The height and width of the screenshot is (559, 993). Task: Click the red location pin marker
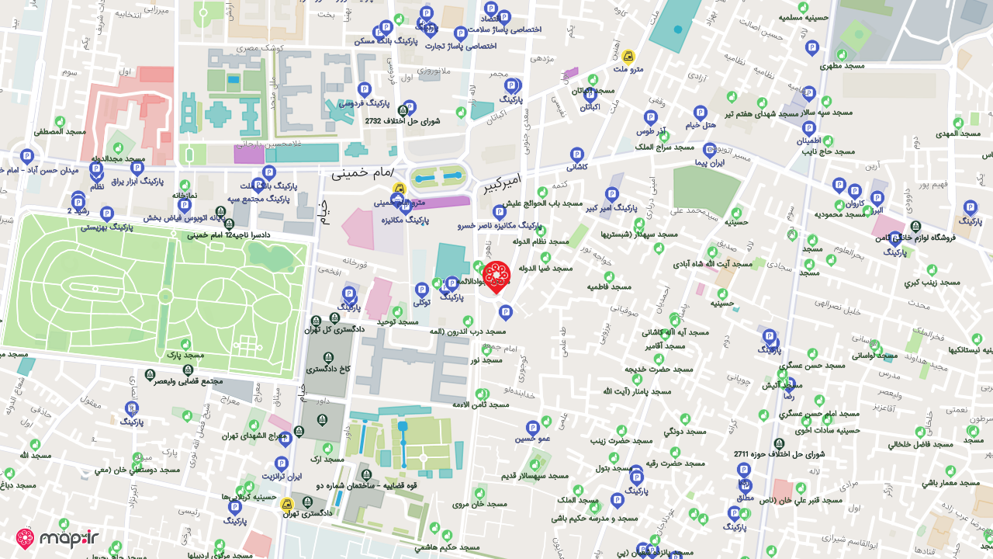(496, 276)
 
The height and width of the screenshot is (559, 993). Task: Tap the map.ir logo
(57, 538)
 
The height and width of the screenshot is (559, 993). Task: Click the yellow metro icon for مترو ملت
(628, 56)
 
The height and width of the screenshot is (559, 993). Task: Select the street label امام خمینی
(362, 172)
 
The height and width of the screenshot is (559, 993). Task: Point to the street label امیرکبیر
(503, 183)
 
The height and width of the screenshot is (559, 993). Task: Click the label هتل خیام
(701, 125)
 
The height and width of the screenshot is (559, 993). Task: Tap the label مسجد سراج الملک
(665, 146)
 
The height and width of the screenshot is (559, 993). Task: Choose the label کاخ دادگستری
(328, 370)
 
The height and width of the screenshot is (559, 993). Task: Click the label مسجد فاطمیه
(610, 286)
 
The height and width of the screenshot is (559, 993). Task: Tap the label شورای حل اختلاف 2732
(403, 121)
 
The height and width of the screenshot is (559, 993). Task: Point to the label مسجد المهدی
(959, 133)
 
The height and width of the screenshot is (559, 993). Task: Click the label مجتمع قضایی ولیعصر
(189, 381)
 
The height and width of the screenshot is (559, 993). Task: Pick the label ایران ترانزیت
(281, 476)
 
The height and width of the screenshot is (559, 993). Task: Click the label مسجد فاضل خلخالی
(921, 444)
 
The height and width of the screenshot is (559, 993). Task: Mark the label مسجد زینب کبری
(932, 283)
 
